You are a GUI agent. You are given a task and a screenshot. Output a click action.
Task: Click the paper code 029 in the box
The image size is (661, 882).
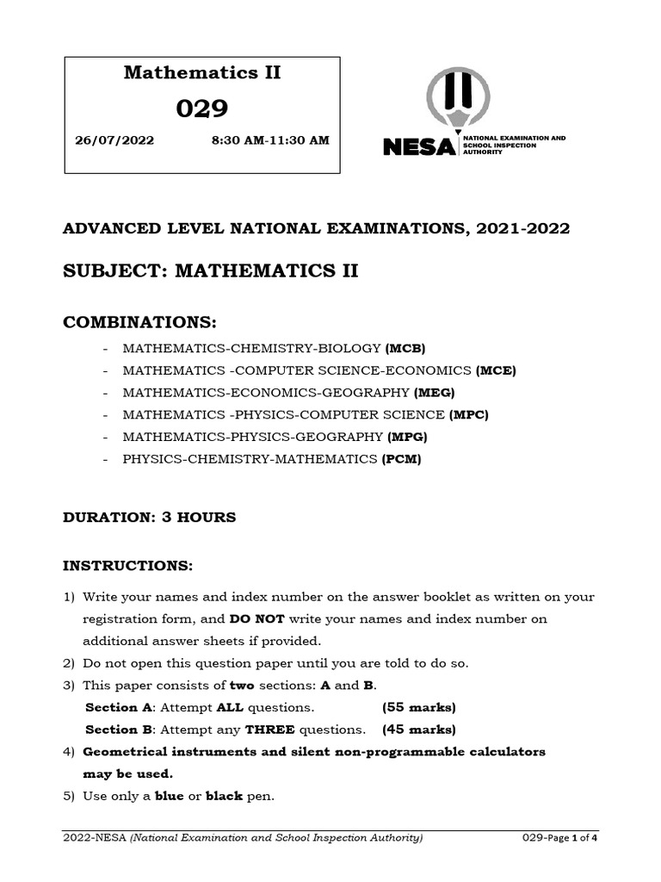click(x=202, y=109)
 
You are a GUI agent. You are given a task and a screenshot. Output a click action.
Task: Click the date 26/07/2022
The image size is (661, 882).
click(x=116, y=140)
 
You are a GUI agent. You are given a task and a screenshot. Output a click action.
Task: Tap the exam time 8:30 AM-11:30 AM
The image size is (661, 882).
click(x=269, y=140)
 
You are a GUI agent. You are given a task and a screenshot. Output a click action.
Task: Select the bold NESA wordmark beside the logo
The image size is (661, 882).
click(x=419, y=147)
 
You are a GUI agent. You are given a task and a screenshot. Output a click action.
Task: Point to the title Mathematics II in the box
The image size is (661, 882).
click(x=202, y=72)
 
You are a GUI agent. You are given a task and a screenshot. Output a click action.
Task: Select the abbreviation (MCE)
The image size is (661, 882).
click(x=496, y=370)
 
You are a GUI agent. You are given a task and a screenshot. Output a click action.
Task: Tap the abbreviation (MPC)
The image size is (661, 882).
click(x=469, y=415)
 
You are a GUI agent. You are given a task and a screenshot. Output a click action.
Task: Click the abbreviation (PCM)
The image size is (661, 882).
click(x=402, y=460)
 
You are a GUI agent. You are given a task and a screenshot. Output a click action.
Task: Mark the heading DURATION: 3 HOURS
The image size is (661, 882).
click(x=150, y=518)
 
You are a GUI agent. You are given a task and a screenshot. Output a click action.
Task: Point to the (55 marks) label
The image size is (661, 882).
click(x=418, y=708)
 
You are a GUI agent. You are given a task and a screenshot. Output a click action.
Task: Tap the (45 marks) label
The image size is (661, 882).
click(x=418, y=730)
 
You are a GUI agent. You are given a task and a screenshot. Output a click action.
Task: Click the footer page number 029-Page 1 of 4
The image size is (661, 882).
click(x=559, y=838)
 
